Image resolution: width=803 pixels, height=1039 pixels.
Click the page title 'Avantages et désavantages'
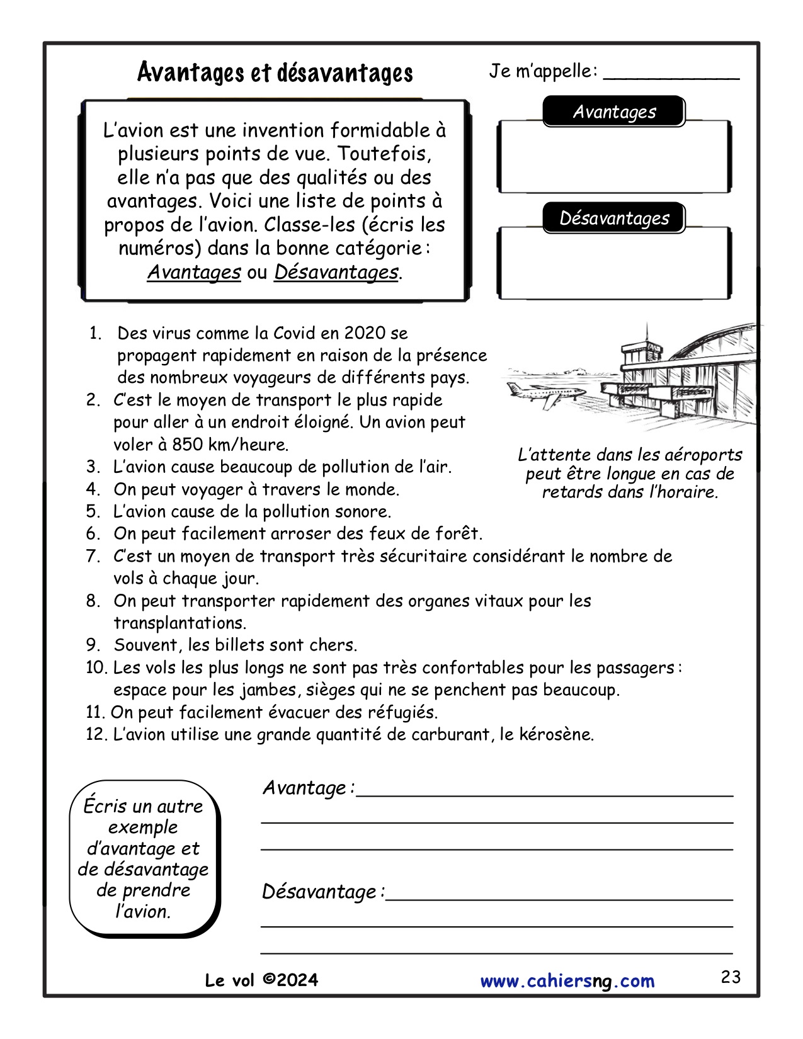click(x=275, y=73)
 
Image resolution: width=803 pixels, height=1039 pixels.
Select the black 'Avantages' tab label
click(x=614, y=112)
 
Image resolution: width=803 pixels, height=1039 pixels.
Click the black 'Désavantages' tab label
click(x=614, y=219)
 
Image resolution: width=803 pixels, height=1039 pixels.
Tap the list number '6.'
click(x=93, y=534)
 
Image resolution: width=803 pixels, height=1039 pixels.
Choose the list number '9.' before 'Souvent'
click(x=93, y=645)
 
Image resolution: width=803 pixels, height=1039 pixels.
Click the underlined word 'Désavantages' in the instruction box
click(x=336, y=273)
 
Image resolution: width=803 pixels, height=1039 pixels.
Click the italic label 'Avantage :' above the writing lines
click(x=308, y=788)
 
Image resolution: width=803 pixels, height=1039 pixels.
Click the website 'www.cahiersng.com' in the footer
click(x=567, y=981)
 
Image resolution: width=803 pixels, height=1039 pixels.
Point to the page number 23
click(x=731, y=977)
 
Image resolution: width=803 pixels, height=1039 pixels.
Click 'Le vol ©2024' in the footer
click(x=261, y=980)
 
